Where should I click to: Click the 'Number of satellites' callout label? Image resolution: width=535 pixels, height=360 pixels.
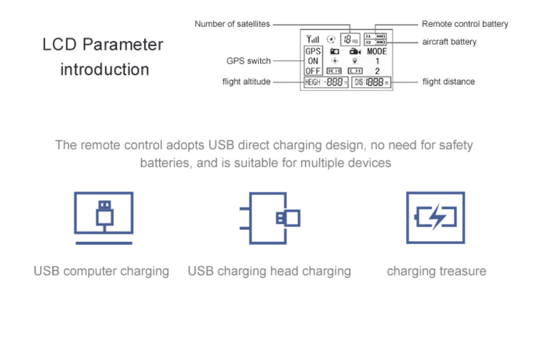click(x=232, y=24)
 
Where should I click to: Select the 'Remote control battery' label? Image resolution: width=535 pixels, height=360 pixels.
click(x=465, y=24)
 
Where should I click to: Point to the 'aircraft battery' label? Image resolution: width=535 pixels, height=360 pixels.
click(x=449, y=42)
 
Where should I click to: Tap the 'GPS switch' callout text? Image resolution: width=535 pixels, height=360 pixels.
click(x=249, y=61)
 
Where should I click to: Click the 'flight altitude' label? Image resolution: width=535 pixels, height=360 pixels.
click(x=246, y=82)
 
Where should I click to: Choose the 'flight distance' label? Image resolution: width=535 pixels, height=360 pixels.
click(x=449, y=82)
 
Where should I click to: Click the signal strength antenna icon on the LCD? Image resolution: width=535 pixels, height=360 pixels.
click(x=313, y=39)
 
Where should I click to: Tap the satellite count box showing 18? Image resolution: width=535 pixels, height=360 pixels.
click(x=348, y=39)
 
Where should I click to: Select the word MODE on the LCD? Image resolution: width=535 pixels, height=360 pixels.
click(x=377, y=51)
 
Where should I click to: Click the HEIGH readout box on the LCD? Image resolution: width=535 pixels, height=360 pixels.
click(x=326, y=82)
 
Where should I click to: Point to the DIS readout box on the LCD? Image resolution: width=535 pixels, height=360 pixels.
click(x=371, y=82)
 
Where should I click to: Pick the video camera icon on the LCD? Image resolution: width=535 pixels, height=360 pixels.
click(x=354, y=51)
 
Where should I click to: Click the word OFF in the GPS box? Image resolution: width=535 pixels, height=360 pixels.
click(x=313, y=71)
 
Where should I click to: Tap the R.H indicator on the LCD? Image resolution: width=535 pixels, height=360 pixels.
click(x=334, y=71)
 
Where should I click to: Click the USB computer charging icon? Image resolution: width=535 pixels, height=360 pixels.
click(x=104, y=218)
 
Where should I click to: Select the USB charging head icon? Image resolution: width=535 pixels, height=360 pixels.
click(x=270, y=218)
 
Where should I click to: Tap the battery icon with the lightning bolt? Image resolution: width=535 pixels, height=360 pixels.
click(x=435, y=218)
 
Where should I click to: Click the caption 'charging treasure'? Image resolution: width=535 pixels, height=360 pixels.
click(x=436, y=271)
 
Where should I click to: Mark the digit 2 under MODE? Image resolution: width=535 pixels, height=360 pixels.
click(x=377, y=71)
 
